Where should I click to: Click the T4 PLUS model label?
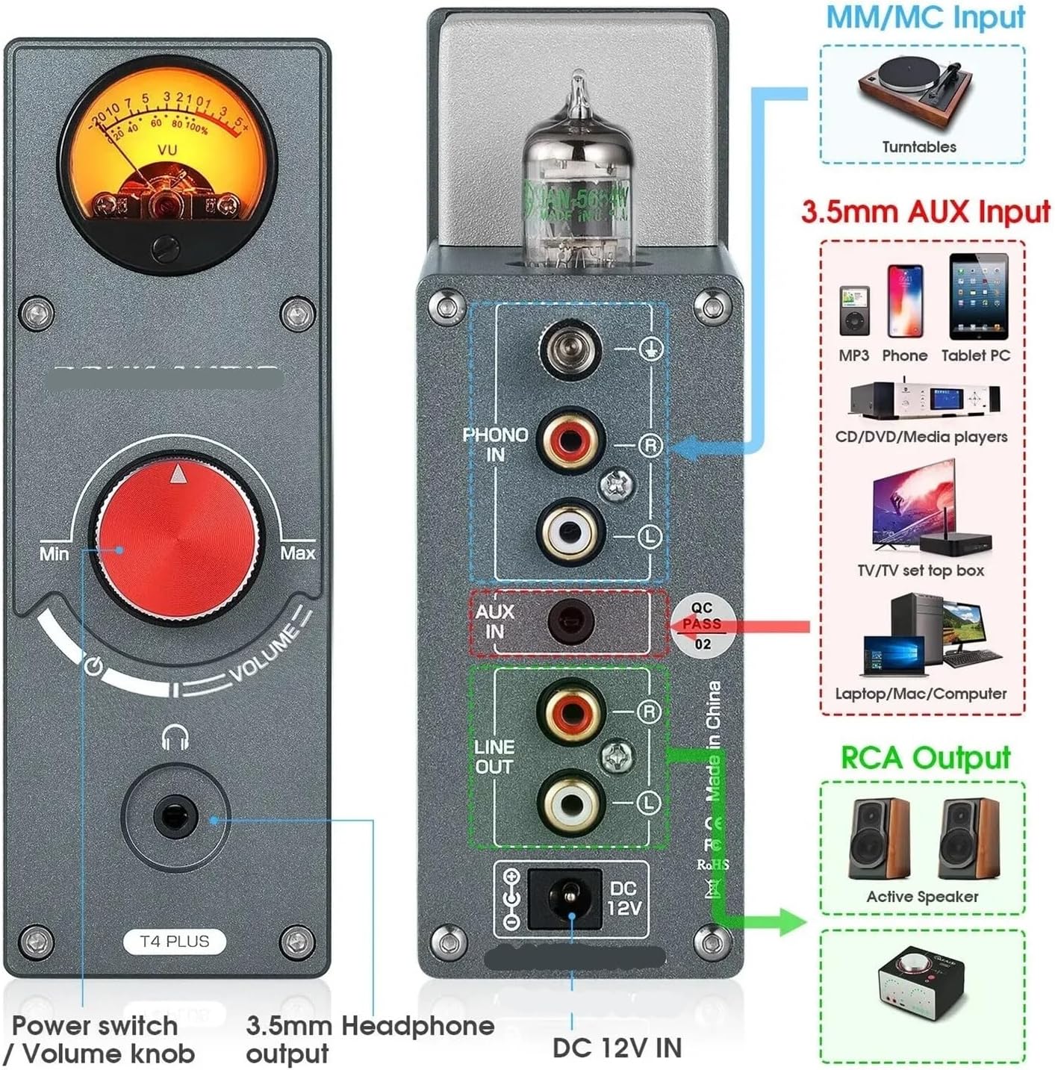point(175,941)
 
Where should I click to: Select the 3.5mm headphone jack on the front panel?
point(175,816)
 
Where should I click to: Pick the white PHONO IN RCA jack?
point(569,532)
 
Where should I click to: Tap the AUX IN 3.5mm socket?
point(570,621)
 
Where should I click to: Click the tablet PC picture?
point(978,296)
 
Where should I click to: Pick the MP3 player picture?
point(854,311)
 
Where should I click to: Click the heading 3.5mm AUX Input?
point(926,212)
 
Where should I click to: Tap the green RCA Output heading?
point(925,757)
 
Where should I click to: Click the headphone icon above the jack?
point(175,737)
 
